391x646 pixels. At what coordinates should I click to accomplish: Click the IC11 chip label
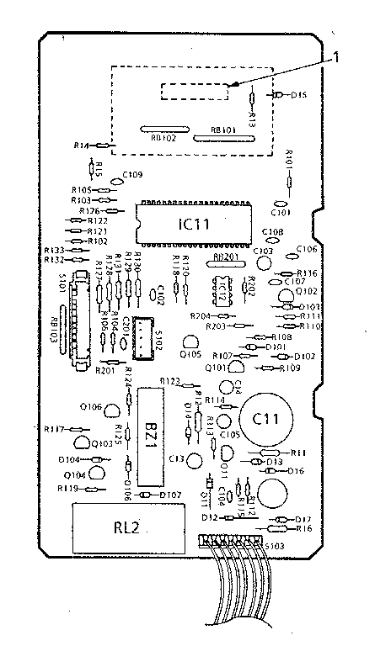(x=194, y=225)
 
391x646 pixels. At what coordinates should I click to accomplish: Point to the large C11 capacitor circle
(x=266, y=417)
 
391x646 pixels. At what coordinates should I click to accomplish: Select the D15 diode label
(x=298, y=96)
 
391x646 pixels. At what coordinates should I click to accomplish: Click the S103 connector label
(x=275, y=546)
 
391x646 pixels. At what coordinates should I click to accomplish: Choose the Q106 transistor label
(x=90, y=406)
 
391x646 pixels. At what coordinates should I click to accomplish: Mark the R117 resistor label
(x=56, y=430)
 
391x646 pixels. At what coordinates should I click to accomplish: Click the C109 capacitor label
(x=132, y=175)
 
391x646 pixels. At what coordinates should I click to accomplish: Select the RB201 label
(x=225, y=256)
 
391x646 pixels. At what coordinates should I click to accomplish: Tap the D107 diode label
(x=171, y=494)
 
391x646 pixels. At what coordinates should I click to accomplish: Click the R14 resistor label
(x=82, y=146)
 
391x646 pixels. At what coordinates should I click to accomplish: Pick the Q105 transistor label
(x=190, y=354)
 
